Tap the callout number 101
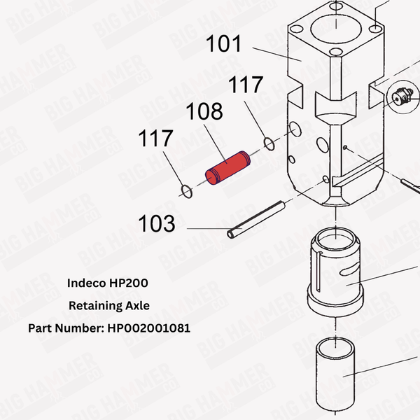click(x=223, y=45)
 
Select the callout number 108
click(x=204, y=112)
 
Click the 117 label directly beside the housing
click(x=245, y=85)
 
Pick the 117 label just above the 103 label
click(x=155, y=139)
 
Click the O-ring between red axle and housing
click(x=269, y=144)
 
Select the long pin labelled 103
click(x=255, y=219)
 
